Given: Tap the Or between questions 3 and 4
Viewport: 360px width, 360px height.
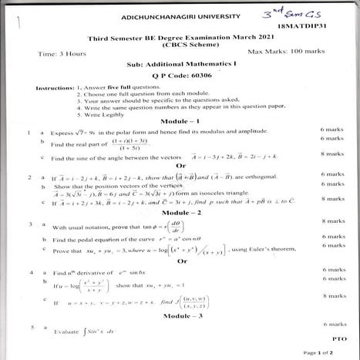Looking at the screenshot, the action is (x=181, y=261).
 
